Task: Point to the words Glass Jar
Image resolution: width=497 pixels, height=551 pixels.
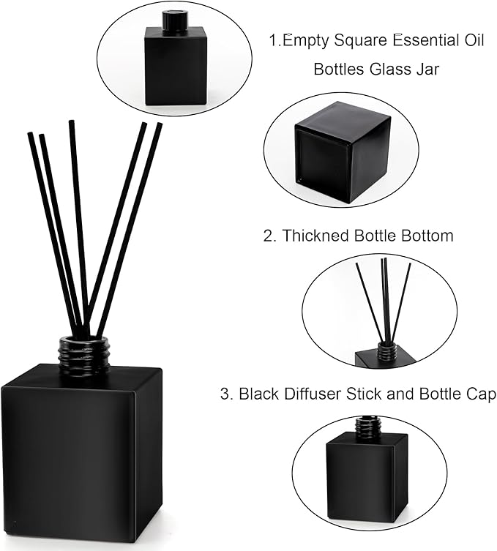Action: click(422, 70)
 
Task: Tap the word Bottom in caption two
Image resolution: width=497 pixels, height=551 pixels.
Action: click(427, 236)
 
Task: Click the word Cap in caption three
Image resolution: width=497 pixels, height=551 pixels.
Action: click(480, 394)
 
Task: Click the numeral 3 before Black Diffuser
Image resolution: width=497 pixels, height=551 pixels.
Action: click(225, 394)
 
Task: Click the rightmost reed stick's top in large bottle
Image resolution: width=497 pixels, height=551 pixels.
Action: click(158, 126)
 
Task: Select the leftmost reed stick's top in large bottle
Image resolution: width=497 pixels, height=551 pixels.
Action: click(31, 136)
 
